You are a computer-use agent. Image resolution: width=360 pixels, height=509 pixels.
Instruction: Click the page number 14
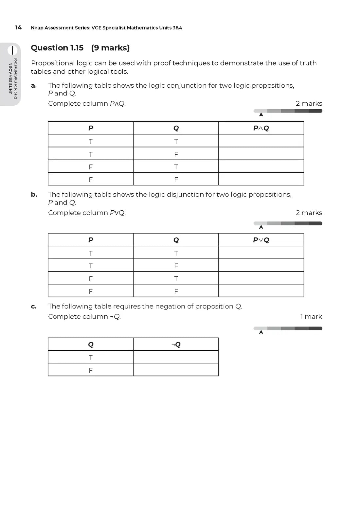[18, 27]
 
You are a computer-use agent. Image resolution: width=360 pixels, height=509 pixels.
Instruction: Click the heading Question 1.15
[57, 48]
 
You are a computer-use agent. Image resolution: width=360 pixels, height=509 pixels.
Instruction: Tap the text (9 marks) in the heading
[110, 48]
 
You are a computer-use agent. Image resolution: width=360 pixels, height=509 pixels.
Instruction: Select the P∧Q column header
[261, 128]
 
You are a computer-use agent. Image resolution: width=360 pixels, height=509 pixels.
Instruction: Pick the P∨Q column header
[261, 240]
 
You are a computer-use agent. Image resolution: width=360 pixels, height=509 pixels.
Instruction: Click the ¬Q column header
[176, 344]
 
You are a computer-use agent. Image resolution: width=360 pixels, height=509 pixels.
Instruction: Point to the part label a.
[34, 86]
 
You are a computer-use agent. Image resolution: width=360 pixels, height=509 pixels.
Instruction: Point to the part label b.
[34, 195]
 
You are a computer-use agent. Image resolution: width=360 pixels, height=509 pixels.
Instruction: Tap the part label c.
[34, 307]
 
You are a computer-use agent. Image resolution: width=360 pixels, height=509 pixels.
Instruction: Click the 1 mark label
[311, 317]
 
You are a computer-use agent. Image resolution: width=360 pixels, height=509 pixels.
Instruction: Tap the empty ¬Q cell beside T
[176, 357]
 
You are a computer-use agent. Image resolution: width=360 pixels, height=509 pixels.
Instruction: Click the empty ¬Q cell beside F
[176, 370]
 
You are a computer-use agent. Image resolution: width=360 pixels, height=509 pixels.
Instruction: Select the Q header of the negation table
[91, 344]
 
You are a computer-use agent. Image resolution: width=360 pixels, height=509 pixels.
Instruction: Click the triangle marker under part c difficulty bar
[261, 332]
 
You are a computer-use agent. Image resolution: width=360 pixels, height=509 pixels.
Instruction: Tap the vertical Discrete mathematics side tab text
[15, 79]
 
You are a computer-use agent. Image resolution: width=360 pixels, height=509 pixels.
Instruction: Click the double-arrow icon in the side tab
[12, 50]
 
